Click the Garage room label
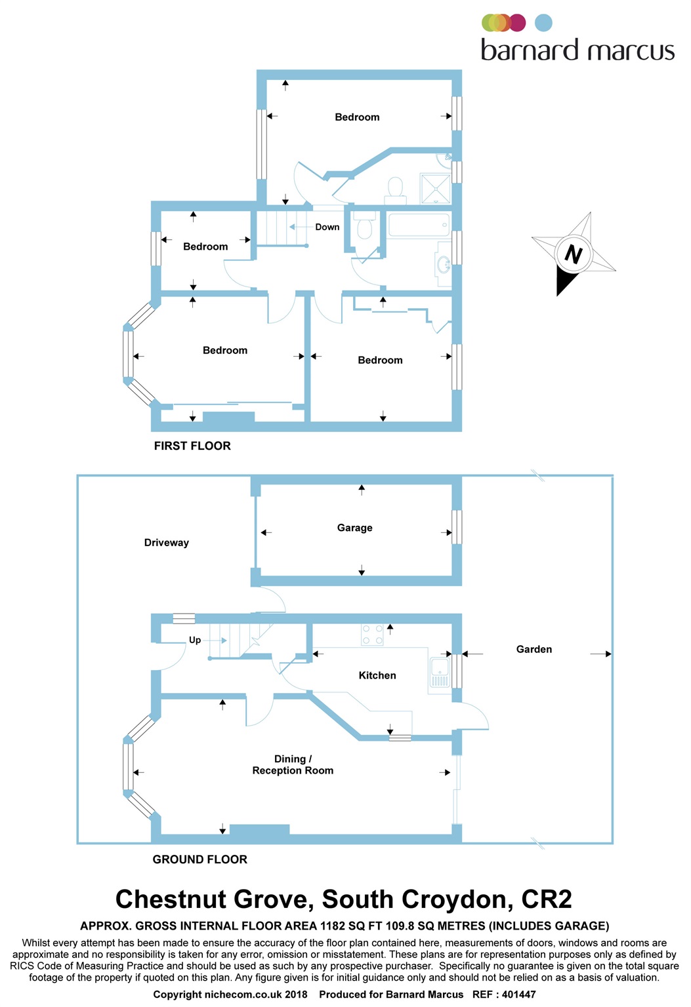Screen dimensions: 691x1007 pos(354,528)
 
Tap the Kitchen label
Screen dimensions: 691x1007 pos(377,675)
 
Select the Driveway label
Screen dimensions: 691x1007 pos(166,543)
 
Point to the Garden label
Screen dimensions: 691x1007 pos(534,650)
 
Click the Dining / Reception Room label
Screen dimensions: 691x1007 pos(293,765)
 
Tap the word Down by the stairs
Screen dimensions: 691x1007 pos(327,227)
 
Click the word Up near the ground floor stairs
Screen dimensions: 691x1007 pos(195,641)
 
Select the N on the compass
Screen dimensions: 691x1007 pos(574,254)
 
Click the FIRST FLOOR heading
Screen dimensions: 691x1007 pos(192,446)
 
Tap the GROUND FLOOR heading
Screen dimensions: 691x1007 pos(200,859)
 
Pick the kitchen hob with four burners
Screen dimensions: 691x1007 pos(372,635)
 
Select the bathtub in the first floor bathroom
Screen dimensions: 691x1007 pos(418,225)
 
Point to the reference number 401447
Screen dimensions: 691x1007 pos(519,995)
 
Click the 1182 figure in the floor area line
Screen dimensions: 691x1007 pos(332,926)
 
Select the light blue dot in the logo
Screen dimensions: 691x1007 pos(543,23)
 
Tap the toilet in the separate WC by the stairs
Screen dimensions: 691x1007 pos(364,229)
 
